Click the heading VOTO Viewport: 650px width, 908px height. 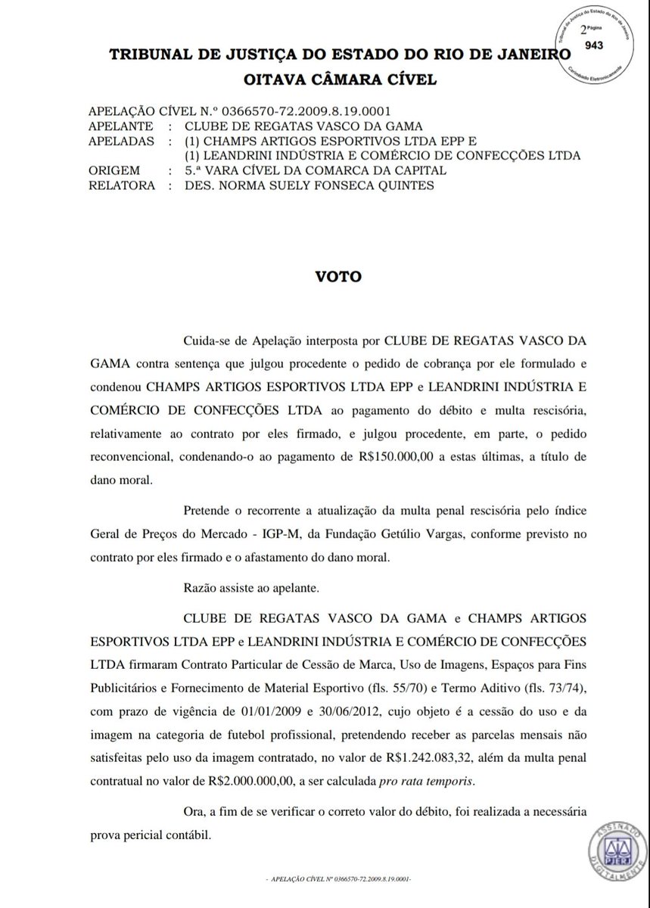pyautogui.click(x=339, y=276)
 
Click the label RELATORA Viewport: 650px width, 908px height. pyautogui.click(x=121, y=186)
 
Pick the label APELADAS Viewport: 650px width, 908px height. pyautogui.click(x=121, y=141)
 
